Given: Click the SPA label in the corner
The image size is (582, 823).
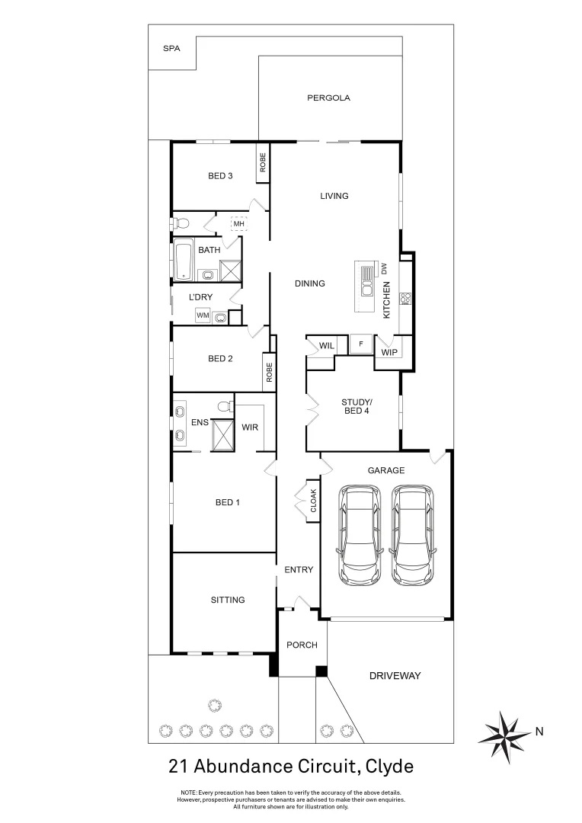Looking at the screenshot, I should coord(171,48).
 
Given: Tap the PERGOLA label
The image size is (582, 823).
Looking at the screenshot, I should coord(328,98).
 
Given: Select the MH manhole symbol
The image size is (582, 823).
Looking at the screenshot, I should coord(238,223).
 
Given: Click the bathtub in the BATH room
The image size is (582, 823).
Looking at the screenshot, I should coord(184,260).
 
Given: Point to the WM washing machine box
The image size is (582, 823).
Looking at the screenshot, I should coord(203,315).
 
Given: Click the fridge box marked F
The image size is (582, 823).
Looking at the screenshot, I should coord(361,344).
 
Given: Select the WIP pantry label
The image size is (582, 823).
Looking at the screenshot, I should coord(389,352).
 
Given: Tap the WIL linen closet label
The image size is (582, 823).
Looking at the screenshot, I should coord(327,346).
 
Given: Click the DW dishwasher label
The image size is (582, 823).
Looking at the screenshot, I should coord(385,269).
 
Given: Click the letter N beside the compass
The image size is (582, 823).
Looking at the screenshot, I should coord(539,732).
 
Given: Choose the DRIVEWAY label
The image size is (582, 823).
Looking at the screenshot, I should coord(395,676).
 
